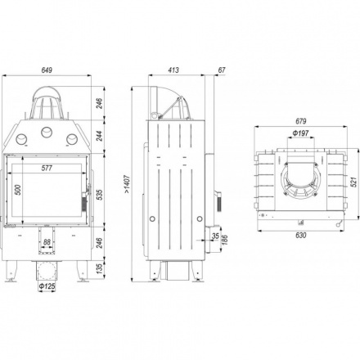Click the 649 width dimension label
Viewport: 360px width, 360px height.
(47, 70)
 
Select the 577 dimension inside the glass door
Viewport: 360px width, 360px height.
(47, 168)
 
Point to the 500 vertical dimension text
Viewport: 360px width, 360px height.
(18, 190)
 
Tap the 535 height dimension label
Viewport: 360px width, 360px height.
(100, 195)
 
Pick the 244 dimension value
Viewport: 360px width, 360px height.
(100, 136)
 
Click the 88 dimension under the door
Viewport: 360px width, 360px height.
(47, 242)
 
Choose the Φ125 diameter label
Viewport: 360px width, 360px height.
(47, 286)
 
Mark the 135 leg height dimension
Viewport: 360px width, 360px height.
(100, 268)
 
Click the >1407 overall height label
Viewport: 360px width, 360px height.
(128, 184)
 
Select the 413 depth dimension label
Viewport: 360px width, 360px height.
(173, 70)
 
